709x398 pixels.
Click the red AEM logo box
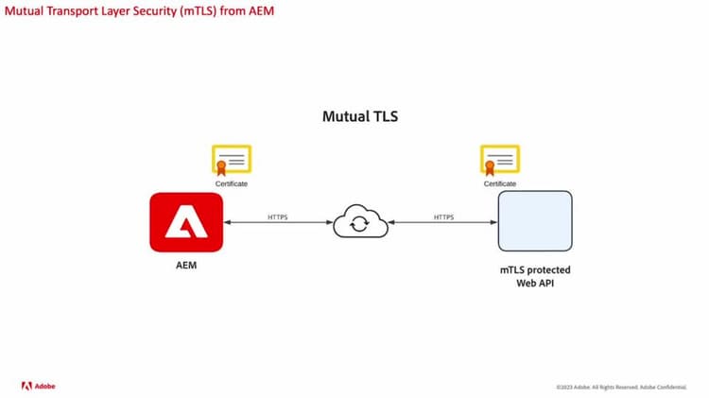[x=186, y=222]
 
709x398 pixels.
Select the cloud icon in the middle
[x=358, y=224]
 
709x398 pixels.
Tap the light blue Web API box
[x=535, y=221]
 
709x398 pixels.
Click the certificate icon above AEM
[x=232, y=161]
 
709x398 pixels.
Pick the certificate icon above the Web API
[x=499, y=161]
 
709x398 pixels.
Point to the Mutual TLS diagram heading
[x=359, y=118]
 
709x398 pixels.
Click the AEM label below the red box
[x=185, y=268]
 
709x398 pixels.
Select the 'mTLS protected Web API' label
[x=535, y=276]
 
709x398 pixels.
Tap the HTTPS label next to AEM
[x=278, y=216]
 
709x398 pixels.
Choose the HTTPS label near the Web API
[x=443, y=216]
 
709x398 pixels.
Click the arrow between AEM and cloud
[x=278, y=224]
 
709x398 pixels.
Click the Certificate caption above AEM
[x=232, y=183]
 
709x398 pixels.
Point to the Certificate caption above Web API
[x=500, y=183]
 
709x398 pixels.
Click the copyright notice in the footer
[x=623, y=387]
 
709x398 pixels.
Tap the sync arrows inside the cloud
[x=358, y=225]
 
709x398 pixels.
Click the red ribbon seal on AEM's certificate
[x=220, y=167]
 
